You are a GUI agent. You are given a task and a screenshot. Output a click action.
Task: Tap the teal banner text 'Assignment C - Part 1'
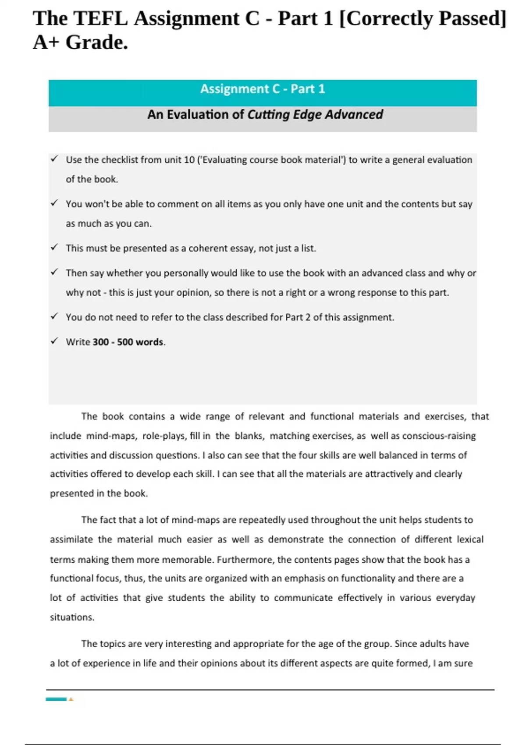[263, 89]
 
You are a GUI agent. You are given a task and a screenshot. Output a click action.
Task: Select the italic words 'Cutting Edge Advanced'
[315, 115]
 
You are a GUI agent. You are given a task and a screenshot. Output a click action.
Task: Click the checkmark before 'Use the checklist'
[54, 159]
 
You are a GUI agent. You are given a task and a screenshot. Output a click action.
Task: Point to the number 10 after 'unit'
[189, 160]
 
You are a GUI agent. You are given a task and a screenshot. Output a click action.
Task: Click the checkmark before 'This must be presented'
[54, 247]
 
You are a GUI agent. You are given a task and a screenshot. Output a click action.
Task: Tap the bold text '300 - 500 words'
[128, 342]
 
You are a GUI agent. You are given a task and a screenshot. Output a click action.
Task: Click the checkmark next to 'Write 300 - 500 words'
[54, 341]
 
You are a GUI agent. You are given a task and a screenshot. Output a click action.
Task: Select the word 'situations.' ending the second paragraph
[72, 617]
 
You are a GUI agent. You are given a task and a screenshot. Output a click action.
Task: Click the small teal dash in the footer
[56, 699]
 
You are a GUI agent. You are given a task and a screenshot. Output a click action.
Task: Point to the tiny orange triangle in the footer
[71, 699]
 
